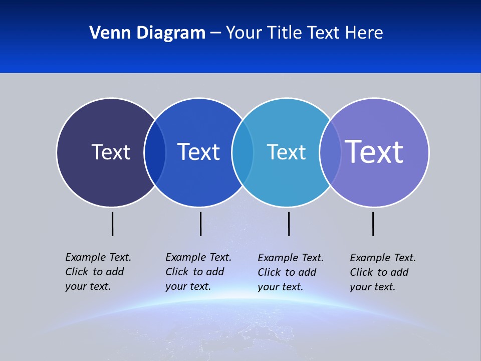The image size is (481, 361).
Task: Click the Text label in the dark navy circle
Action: pyautogui.click(x=111, y=152)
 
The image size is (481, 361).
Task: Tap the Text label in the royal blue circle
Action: pyautogui.click(x=198, y=152)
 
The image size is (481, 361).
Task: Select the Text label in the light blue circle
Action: pyautogui.click(x=286, y=152)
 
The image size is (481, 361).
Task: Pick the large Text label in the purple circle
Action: pyautogui.click(x=374, y=151)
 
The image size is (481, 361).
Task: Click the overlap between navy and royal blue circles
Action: pyautogui.click(x=155, y=152)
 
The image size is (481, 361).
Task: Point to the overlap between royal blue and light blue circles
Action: pyautogui.click(x=243, y=152)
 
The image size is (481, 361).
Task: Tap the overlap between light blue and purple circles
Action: pyautogui.click(x=330, y=152)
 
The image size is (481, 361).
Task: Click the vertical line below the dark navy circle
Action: pyautogui.click(x=113, y=224)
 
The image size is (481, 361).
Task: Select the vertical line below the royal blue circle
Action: pyautogui.click(x=200, y=224)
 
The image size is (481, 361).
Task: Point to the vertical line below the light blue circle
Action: pyautogui.click(x=289, y=224)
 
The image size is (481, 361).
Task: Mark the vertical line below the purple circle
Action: pyautogui.click(x=373, y=224)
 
